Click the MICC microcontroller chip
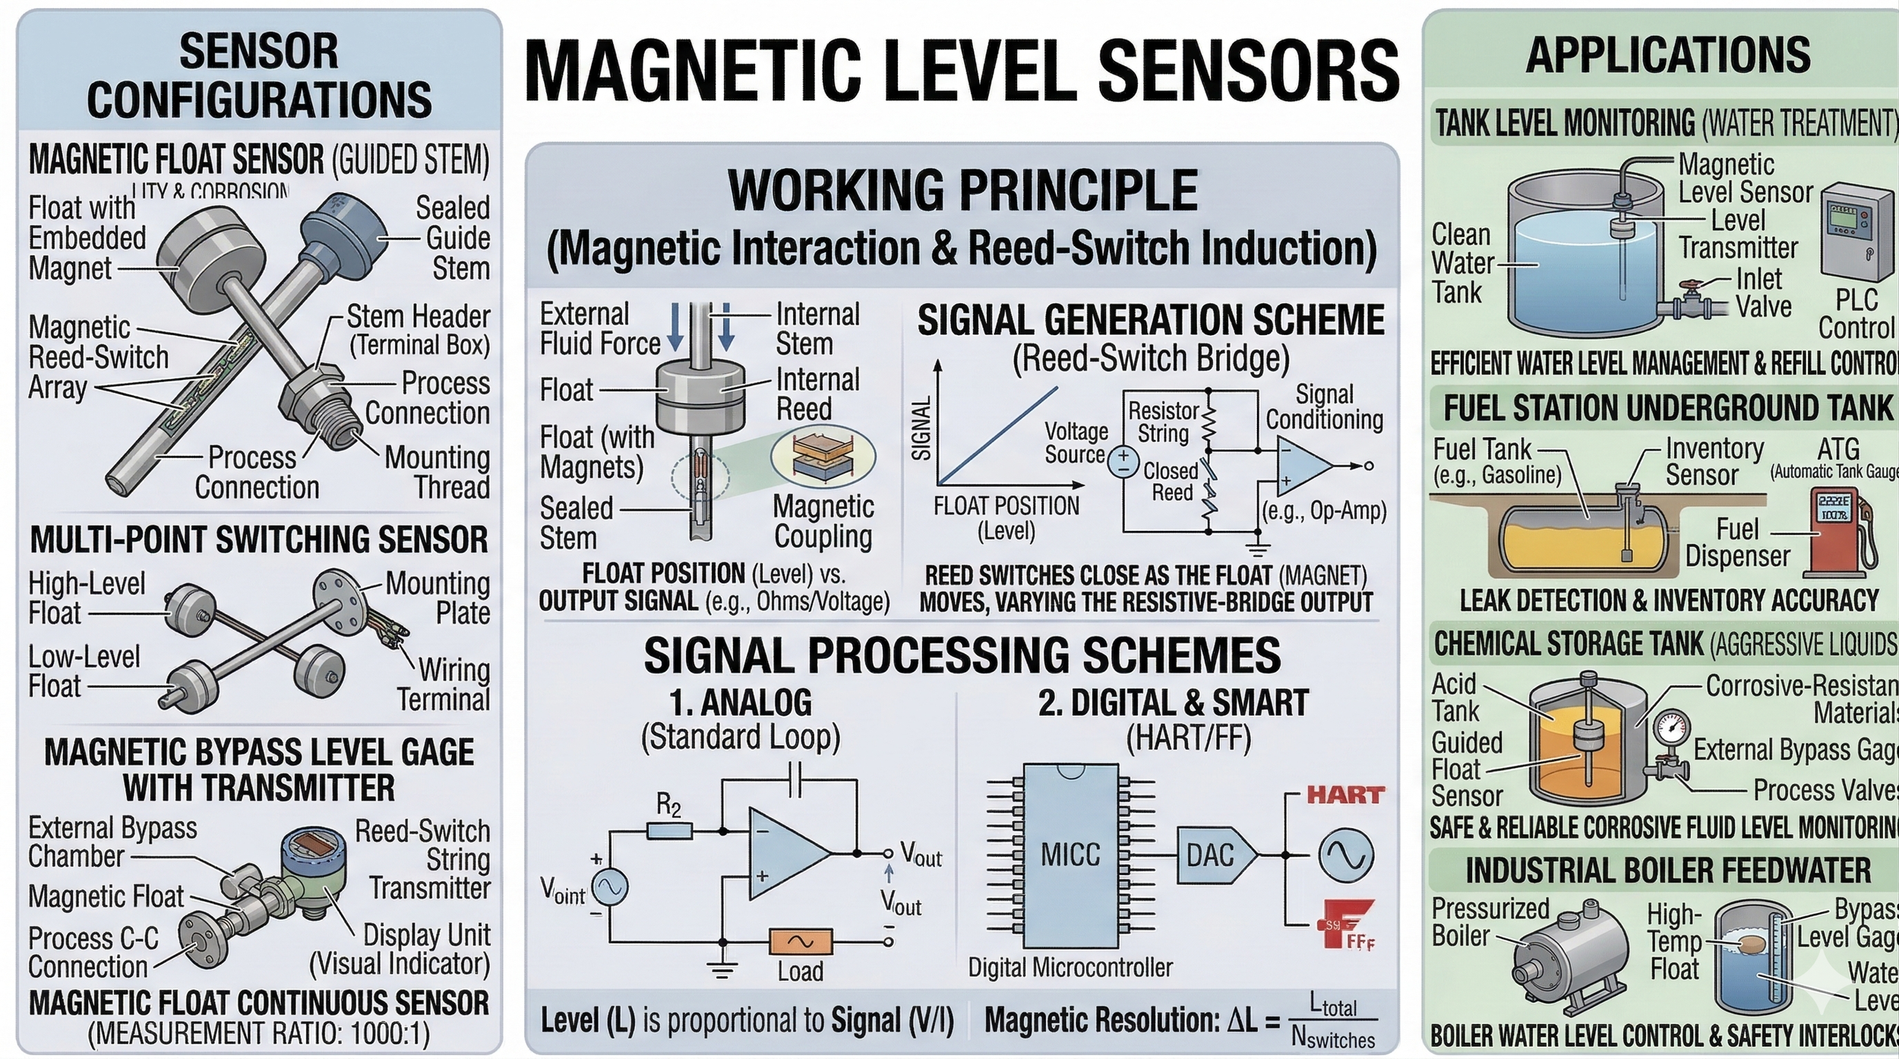[x=1070, y=855]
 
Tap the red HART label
[x=1345, y=795]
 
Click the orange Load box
[x=801, y=942]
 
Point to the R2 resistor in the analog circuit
[x=669, y=831]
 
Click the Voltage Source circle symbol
[x=1122, y=462]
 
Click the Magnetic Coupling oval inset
[x=823, y=457]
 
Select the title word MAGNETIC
[x=691, y=70]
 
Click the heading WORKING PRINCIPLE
[x=962, y=190]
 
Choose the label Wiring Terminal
[x=445, y=684]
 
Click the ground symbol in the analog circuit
[x=722, y=969]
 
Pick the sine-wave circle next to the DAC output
[x=1345, y=855]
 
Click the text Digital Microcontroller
[x=1070, y=968]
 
